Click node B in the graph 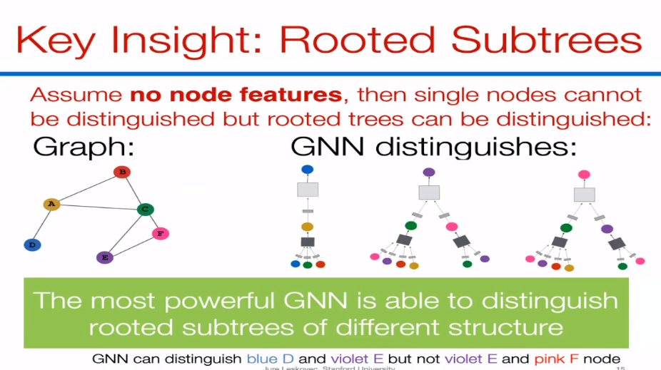point(122,172)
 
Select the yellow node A point(51,204)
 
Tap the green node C point(145,209)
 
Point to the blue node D point(32,245)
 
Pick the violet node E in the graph point(105,257)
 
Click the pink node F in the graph point(160,233)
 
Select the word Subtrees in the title point(549,40)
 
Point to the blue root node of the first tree point(307,170)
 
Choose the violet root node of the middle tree point(428,172)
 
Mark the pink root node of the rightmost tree point(584,174)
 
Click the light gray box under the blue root point(307,190)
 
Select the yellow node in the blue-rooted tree point(307,227)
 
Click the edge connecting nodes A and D point(41,225)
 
